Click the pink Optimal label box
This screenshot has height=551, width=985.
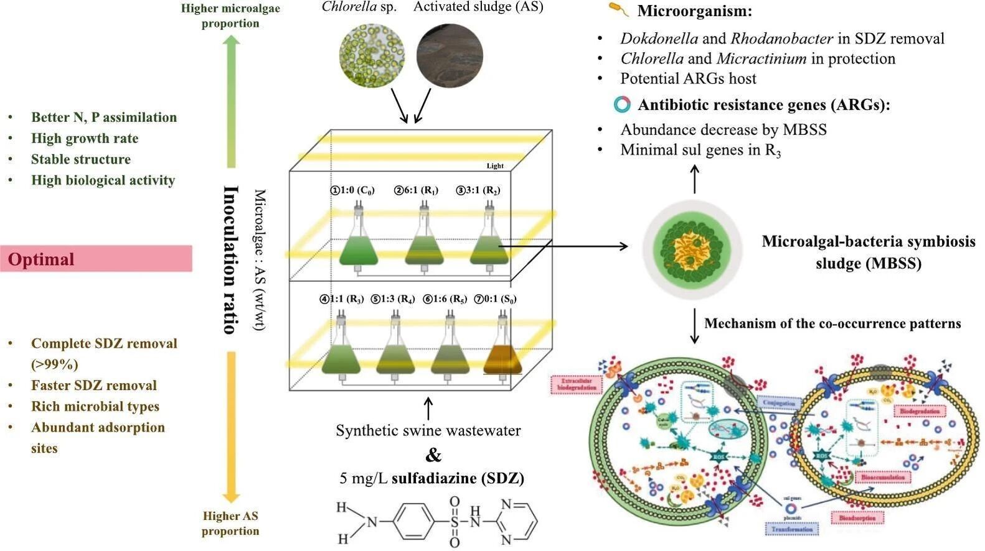pos(97,259)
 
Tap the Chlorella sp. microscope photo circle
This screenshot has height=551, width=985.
pos(372,56)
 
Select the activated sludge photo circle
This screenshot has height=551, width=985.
pos(450,56)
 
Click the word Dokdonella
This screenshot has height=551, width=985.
pos(659,39)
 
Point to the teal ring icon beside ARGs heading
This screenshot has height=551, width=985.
pos(622,104)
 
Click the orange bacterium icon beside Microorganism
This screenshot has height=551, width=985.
pos(618,9)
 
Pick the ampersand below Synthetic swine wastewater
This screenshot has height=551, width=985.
pos(433,455)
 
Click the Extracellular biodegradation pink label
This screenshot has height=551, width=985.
pos(577,384)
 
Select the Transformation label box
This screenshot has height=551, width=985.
pos(792,529)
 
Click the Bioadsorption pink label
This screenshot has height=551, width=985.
pos(857,517)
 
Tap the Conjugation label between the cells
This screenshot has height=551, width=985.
pos(779,403)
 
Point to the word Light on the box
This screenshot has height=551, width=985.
pos(495,165)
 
